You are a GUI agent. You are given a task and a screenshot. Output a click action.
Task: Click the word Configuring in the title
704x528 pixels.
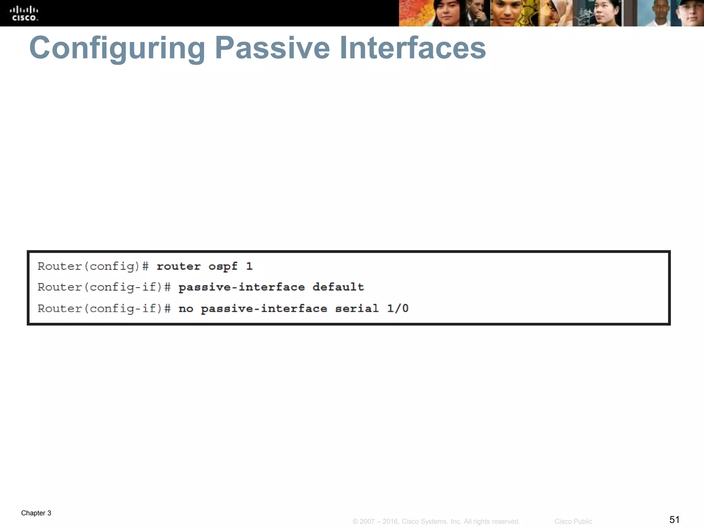coord(117,48)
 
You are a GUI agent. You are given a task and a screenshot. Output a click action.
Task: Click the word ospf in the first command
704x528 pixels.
coord(223,266)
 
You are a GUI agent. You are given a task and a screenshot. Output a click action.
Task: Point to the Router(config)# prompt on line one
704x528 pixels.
coord(93,266)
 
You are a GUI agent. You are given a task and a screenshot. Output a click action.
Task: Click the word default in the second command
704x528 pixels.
coord(338,287)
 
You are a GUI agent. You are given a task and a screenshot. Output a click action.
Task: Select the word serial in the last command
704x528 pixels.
coord(357,308)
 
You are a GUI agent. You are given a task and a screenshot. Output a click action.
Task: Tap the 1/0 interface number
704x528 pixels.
coord(398,308)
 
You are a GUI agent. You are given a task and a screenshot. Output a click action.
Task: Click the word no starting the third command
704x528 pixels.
coord(186,308)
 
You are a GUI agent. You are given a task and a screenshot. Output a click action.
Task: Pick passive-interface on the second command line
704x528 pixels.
coord(241,287)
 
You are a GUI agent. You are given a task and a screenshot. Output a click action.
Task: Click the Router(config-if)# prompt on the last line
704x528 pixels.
coord(104,308)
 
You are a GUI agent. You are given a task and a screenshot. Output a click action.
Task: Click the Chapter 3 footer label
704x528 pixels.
coord(36,513)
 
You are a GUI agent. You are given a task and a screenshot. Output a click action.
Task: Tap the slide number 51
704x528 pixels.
coord(674,519)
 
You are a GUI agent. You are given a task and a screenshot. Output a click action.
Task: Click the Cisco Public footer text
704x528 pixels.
coord(573,521)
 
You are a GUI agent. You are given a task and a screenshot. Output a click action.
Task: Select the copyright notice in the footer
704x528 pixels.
coord(436,521)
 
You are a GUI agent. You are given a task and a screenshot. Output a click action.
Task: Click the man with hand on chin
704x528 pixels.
coord(476,14)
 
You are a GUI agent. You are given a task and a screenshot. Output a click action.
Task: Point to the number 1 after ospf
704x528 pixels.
coord(249,266)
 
